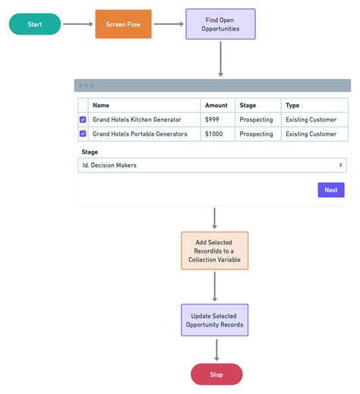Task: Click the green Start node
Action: [x=35, y=24]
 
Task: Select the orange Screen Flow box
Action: [x=123, y=24]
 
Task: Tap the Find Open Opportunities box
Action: [x=220, y=24]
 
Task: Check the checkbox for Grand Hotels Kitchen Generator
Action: [x=83, y=120]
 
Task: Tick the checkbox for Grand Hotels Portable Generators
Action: [x=83, y=134]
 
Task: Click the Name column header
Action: [x=101, y=106]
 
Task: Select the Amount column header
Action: [x=216, y=106]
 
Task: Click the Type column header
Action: [x=292, y=106]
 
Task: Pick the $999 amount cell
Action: [x=212, y=120]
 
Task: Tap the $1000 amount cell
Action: [x=214, y=134]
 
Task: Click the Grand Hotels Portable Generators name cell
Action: [x=140, y=134]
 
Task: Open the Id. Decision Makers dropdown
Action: [x=212, y=165]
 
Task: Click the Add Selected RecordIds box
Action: [x=214, y=251]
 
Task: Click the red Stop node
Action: [x=216, y=374]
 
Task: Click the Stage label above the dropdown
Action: [x=90, y=152]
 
